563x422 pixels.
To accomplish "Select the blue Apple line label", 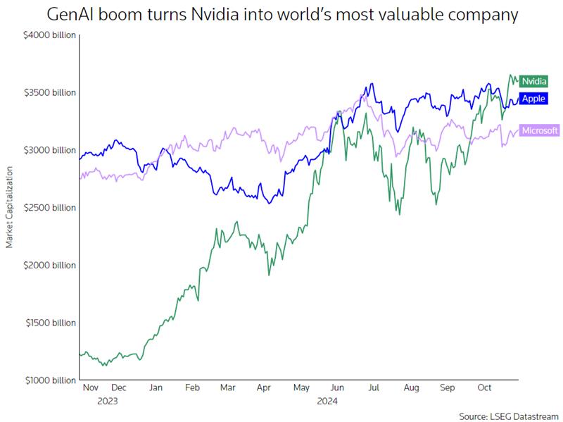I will pyautogui.click(x=534, y=99).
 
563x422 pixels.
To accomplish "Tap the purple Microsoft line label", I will pyautogui.click(x=540, y=130).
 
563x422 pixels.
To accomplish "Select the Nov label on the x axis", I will pyautogui.click(x=91, y=387).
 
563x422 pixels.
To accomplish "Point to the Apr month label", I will pyautogui.click(x=264, y=387).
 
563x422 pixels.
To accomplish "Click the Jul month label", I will pyautogui.click(x=374, y=387).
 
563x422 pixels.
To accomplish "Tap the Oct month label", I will pyautogui.click(x=485, y=387).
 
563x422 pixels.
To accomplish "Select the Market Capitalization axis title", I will pyautogui.click(x=10, y=207).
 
